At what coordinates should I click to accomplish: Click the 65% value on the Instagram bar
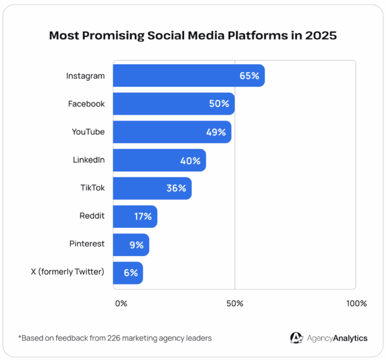(x=249, y=76)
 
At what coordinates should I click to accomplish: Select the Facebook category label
(x=86, y=104)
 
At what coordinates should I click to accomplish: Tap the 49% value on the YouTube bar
(x=216, y=132)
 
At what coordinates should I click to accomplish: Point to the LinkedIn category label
(x=88, y=160)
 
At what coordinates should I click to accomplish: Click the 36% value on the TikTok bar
(x=176, y=189)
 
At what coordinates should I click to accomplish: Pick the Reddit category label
(x=92, y=216)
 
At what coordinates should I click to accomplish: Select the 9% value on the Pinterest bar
(x=136, y=245)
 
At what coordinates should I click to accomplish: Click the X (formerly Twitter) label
(x=68, y=272)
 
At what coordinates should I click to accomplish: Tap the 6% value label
(x=131, y=273)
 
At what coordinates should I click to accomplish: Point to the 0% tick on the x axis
(x=121, y=304)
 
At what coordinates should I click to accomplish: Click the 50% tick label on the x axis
(x=235, y=304)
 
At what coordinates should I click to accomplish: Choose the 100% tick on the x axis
(x=356, y=304)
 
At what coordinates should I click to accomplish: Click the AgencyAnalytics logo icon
(x=296, y=338)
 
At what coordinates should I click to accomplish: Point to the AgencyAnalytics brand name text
(x=337, y=338)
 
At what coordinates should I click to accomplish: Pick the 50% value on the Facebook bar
(x=219, y=104)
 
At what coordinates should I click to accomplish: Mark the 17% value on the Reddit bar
(x=143, y=217)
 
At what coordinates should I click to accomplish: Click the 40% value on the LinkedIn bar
(x=190, y=161)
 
